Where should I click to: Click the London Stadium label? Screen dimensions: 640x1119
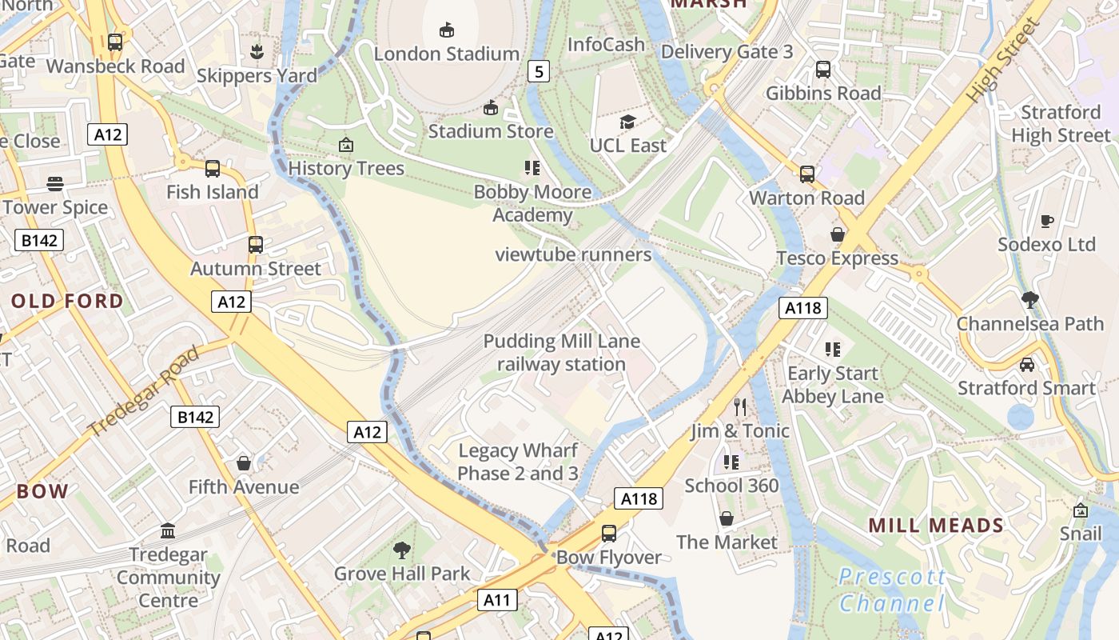[x=447, y=54]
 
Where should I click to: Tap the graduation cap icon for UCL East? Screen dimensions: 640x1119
[x=628, y=122]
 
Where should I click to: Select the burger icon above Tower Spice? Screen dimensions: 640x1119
[x=54, y=184]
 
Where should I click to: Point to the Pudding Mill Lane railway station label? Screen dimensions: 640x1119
[x=561, y=353]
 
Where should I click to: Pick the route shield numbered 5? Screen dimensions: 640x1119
[x=539, y=72]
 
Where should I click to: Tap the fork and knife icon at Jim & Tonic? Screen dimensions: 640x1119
[x=740, y=407]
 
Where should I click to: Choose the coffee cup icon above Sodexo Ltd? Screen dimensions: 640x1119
[x=1046, y=221]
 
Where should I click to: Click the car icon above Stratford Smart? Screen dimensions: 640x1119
[x=1027, y=365]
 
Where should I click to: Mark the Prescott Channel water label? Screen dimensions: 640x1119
[x=892, y=590]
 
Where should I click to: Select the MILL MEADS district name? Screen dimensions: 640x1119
[x=936, y=526]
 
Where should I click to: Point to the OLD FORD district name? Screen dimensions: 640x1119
[x=68, y=302]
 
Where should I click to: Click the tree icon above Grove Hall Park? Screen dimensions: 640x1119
[x=402, y=550]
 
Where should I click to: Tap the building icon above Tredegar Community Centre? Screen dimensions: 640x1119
[x=168, y=530]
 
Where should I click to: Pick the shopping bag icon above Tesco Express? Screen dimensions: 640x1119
[x=838, y=234]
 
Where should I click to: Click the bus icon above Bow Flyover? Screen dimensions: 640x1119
[x=609, y=534]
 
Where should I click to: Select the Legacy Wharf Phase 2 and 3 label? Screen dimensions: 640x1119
[x=518, y=462]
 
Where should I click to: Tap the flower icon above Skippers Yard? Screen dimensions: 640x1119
[x=257, y=52]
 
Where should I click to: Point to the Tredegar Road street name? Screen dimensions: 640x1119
[x=145, y=392]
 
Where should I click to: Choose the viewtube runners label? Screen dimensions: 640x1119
[x=573, y=255]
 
